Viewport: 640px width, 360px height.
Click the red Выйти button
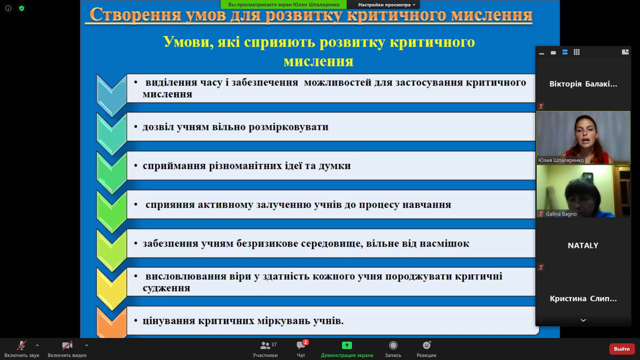tap(622, 349)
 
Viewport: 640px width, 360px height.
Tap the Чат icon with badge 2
tap(301, 345)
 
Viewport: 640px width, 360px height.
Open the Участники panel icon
tap(265, 345)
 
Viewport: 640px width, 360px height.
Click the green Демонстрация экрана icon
tap(347, 345)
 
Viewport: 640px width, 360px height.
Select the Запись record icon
tap(393, 345)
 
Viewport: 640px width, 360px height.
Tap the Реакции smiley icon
tap(427, 345)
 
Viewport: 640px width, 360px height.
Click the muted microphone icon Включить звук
tap(22, 345)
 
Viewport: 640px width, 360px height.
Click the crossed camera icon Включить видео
tap(67, 345)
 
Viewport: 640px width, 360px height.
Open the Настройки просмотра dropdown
tap(387, 5)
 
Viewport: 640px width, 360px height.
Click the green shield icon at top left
tap(22, 8)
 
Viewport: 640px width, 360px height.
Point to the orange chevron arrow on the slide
tap(111, 321)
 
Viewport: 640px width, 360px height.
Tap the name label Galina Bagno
tap(561, 214)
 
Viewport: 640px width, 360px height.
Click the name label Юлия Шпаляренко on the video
tap(561, 160)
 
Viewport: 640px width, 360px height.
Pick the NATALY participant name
tap(583, 246)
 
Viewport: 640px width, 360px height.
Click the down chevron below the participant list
tap(583, 320)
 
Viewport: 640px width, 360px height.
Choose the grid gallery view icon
tap(577, 52)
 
